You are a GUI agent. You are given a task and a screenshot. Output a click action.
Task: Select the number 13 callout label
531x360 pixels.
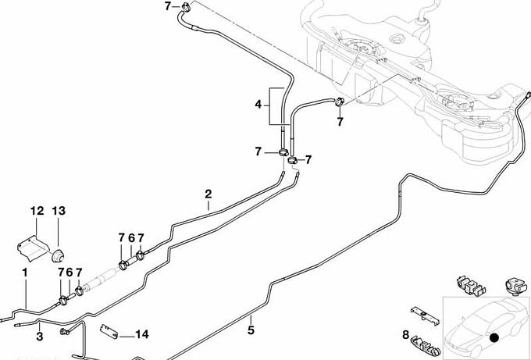point(59,211)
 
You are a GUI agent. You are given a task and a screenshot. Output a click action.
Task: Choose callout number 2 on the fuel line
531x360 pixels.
point(208,194)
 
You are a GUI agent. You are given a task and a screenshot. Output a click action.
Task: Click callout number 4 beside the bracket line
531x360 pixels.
point(258,103)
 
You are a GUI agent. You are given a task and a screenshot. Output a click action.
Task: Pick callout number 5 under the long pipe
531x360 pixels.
point(251,330)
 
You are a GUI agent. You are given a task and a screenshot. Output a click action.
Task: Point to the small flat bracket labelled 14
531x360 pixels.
point(110,331)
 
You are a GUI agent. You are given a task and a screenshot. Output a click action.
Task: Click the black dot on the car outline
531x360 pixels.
point(494,337)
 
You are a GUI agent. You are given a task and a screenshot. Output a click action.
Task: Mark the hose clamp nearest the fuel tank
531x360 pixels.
point(340,102)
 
